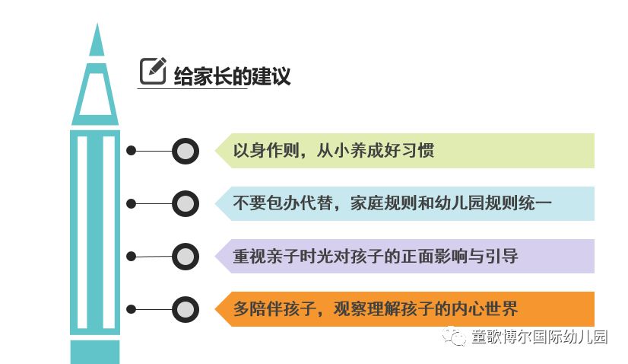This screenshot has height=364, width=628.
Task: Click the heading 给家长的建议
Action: click(232, 76)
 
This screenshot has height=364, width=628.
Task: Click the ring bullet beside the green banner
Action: click(185, 151)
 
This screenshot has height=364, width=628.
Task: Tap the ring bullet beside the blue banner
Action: click(185, 203)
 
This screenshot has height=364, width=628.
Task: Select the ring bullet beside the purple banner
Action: click(185, 256)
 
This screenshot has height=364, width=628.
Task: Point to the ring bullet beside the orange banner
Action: click(185, 309)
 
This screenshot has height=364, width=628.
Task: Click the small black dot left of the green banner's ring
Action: click(131, 151)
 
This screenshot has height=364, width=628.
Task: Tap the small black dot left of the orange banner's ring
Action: click(131, 309)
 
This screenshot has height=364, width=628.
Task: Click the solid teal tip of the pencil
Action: click(96, 43)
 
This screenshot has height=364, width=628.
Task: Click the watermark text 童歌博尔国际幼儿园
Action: click(539, 337)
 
